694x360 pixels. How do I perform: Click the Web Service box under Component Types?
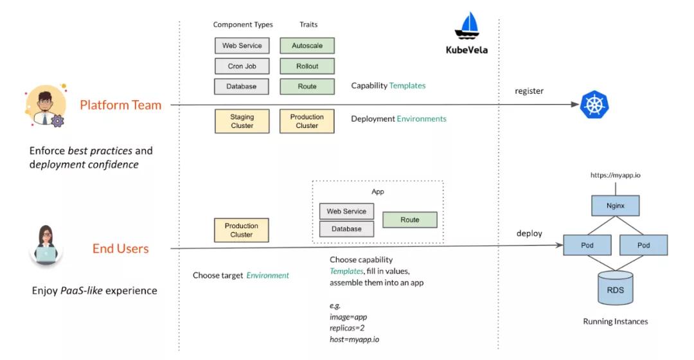(x=242, y=46)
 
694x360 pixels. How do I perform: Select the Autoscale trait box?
(x=307, y=46)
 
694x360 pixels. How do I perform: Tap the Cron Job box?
(x=242, y=66)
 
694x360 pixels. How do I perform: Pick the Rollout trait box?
(x=307, y=66)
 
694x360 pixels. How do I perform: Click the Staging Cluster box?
(x=242, y=122)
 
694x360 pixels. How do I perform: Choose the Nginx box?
(x=615, y=206)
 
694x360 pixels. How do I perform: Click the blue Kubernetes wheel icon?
(x=594, y=105)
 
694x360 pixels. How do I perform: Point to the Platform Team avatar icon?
(x=45, y=107)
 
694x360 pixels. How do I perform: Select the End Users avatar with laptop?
(x=46, y=246)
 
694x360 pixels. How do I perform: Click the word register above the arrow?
(x=529, y=91)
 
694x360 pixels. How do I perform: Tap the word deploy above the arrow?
(x=529, y=233)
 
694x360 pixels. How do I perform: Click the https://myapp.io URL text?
(x=615, y=175)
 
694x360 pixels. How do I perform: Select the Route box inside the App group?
(x=409, y=220)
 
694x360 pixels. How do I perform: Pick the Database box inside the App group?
(x=346, y=229)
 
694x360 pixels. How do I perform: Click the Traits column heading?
(x=308, y=25)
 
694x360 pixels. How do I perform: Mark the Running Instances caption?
(x=615, y=321)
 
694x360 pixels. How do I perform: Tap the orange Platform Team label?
(x=121, y=105)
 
